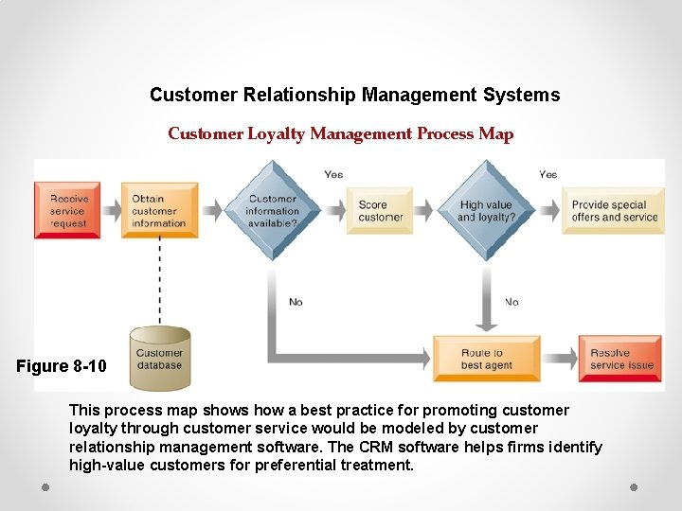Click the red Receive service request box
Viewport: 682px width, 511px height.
pyautogui.click(x=67, y=210)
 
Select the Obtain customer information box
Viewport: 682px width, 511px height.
pyautogui.click(x=158, y=210)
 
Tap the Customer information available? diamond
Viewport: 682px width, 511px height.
pyautogui.click(x=272, y=210)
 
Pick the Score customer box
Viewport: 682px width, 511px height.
pyautogui.click(x=379, y=210)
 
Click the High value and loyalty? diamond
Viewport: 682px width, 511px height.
pyautogui.click(x=486, y=210)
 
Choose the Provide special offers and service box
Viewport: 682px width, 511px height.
pyautogui.click(x=614, y=210)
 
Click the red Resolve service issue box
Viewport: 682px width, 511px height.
pyautogui.click(x=620, y=359)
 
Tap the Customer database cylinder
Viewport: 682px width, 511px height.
pyautogui.click(x=159, y=359)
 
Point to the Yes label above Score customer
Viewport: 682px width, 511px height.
pyautogui.click(x=333, y=174)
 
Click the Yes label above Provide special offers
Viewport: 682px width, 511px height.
pyautogui.click(x=547, y=174)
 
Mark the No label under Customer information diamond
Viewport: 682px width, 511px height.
pyautogui.click(x=296, y=302)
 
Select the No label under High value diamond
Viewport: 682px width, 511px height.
pyautogui.click(x=511, y=302)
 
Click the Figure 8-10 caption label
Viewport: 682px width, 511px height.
pyautogui.click(x=62, y=366)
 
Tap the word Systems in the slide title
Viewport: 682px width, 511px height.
pyautogui.click(x=521, y=96)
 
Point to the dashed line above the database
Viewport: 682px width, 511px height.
pyautogui.click(x=159, y=279)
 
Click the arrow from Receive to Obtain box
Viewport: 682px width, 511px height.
pyautogui.click(x=111, y=210)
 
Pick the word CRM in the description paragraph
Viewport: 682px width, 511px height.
pyautogui.click(x=380, y=447)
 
